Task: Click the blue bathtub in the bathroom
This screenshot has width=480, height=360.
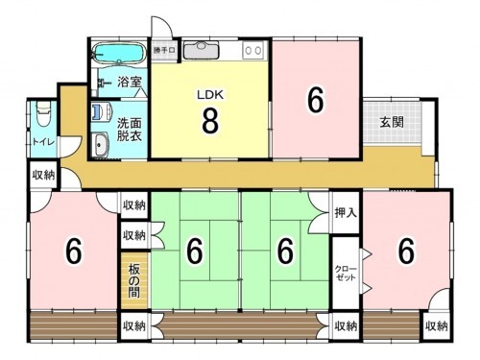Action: tap(117, 52)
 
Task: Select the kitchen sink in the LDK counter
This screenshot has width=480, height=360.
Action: tap(202, 49)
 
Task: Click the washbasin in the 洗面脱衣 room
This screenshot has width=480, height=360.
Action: tap(101, 145)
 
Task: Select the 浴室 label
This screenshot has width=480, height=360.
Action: tap(130, 83)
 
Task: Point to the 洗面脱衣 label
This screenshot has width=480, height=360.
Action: tap(130, 130)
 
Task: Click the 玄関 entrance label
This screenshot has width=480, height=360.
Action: tap(390, 122)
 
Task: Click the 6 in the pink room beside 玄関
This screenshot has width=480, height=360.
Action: tap(314, 99)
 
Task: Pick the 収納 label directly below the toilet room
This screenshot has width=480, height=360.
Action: tap(43, 175)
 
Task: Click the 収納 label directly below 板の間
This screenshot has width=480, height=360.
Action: tap(133, 326)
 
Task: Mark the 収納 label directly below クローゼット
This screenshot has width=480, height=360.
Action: tap(347, 326)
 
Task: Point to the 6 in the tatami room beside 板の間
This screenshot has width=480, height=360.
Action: tap(195, 252)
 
